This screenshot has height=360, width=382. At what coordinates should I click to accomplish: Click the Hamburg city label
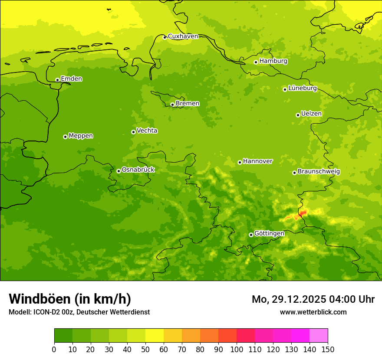click(273, 61)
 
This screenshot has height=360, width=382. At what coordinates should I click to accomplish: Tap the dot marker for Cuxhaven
click(165, 37)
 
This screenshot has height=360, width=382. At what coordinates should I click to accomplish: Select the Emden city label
click(71, 79)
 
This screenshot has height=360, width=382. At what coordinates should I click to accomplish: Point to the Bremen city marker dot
click(172, 105)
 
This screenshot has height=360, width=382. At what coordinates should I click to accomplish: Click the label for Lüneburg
click(302, 88)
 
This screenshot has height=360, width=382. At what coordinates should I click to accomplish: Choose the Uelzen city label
click(311, 114)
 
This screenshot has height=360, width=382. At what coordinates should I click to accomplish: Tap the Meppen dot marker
click(65, 137)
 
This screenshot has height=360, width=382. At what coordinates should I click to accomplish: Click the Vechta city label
click(147, 131)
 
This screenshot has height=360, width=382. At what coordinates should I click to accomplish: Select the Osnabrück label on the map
click(138, 170)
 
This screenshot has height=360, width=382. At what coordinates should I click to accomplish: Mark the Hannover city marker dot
click(240, 162)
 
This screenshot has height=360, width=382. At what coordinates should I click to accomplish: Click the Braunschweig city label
click(319, 171)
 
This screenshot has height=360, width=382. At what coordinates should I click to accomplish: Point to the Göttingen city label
click(269, 233)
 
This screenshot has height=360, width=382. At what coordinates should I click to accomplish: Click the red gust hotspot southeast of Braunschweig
click(303, 213)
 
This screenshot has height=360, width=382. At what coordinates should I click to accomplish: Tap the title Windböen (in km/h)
click(70, 299)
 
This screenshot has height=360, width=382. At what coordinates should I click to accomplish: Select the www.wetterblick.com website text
click(313, 312)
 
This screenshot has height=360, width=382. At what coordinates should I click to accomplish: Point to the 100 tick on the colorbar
click(237, 349)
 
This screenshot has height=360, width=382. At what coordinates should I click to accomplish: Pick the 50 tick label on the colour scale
click(145, 349)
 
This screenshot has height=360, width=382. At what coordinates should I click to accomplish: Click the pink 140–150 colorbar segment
click(319, 335)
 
